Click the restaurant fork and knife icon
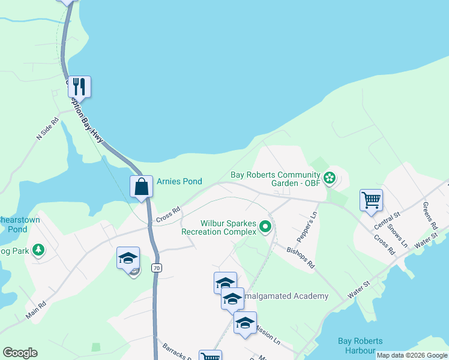click(79, 86)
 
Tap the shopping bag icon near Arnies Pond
click(142, 186)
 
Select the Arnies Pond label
click(179, 181)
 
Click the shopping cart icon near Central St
click(371, 200)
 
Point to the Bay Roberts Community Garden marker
click(329, 177)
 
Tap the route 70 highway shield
click(156, 269)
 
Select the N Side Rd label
click(47, 128)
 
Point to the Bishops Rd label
click(301, 256)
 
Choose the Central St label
click(387, 221)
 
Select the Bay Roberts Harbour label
click(357, 346)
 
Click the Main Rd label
click(36, 310)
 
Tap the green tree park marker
click(38, 249)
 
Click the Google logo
click(20, 353)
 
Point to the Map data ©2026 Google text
click(411, 355)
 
